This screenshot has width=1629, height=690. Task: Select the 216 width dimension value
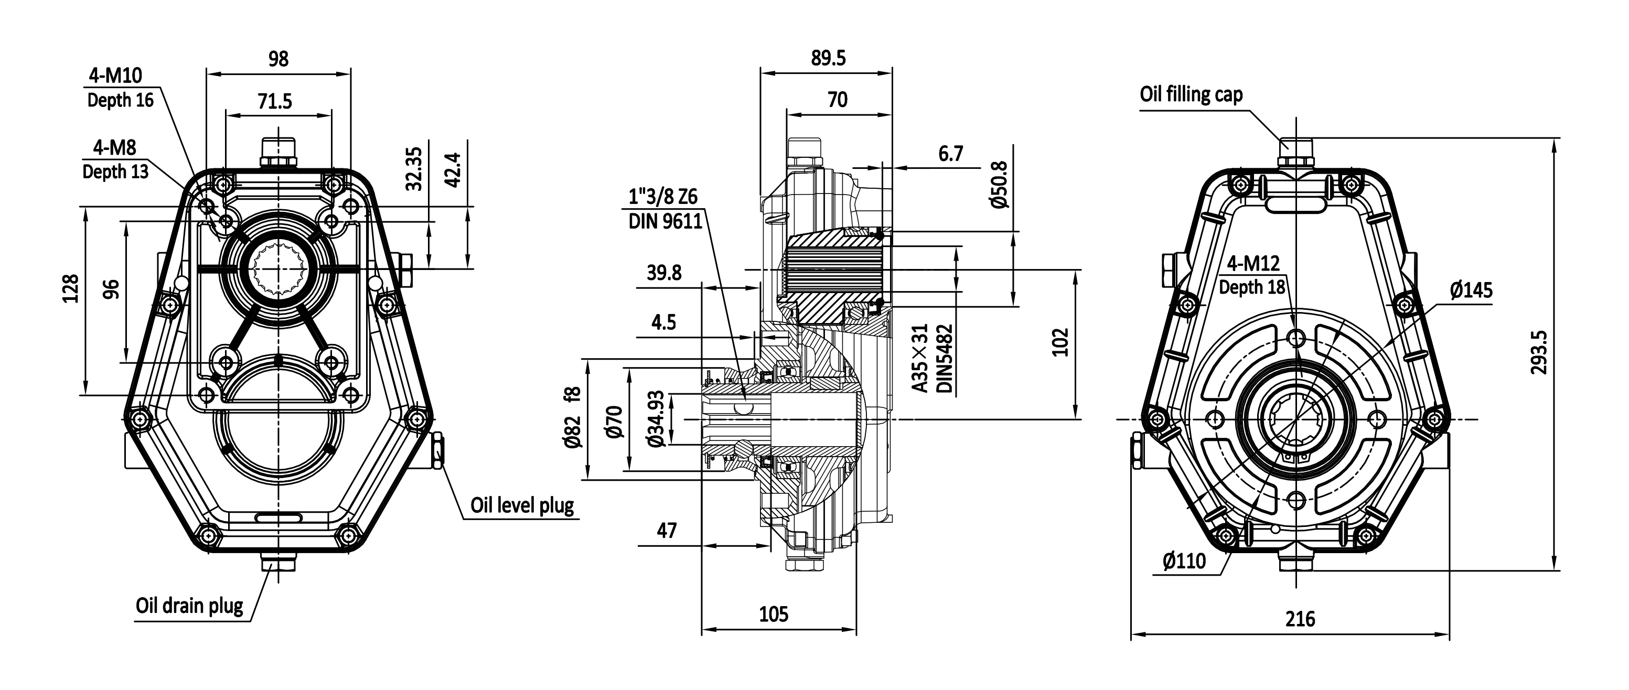[x=1301, y=619]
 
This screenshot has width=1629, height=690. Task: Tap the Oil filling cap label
[x=1191, y=95]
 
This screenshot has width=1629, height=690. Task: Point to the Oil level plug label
[x=522, y=505]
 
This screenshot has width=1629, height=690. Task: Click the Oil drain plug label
[x=189, y=606]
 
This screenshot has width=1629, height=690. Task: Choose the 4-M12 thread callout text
[x=1253, y=263]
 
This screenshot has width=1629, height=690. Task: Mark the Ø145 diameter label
[x=1471, y=290]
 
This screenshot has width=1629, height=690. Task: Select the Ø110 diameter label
[x=1184, y=560]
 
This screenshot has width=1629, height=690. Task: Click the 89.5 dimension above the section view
[x=828, y=58]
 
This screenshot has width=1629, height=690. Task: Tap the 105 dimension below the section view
[x=774, y=614]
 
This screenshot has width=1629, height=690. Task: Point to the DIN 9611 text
[x=665, y=221]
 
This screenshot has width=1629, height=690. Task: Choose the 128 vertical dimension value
[x=70, y=288]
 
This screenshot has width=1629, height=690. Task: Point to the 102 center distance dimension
[x=1060, y=342]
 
